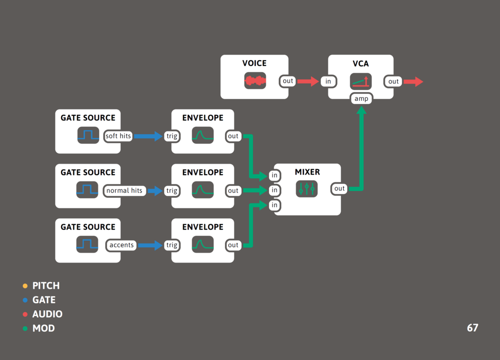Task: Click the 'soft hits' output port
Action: point(118,136)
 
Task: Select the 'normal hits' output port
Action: point(124,190)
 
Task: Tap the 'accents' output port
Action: point(121,245)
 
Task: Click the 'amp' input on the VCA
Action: point(361,98)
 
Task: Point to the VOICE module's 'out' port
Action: point(288,81)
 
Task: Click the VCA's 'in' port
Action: point(328,82)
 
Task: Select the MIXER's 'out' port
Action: point(339,188)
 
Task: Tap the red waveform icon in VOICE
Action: point(255,81)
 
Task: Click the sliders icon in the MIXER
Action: point(306,188)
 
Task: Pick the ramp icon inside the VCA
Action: point(361,81)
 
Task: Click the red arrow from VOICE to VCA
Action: point(308,81)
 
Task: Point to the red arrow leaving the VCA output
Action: point(413,82)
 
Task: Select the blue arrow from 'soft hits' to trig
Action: point(148,136)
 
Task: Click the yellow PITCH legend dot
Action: point(25,286)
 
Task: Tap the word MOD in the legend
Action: point(43,328)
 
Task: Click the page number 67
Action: point(472,328)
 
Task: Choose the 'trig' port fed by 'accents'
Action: point(172,245)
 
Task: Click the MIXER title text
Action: point(307,172)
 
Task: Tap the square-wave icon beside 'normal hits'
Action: point(88,189)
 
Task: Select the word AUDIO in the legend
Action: point(47,314)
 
